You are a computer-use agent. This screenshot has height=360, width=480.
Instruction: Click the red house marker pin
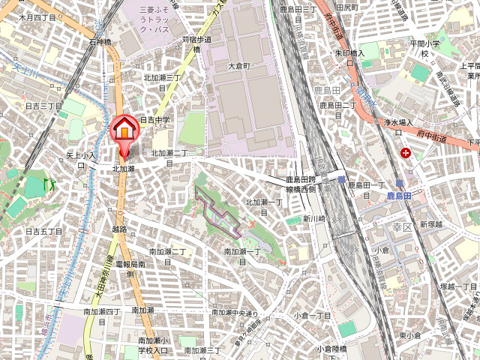pyautogui.click(x=124, y=129)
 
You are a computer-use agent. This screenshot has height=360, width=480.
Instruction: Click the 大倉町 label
pyautogui.click(x=238, y=66)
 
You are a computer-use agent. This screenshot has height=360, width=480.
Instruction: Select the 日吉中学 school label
pyautogui.click(x=155, y=119)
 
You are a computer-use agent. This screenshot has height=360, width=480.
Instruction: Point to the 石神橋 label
pyautogui.click(x=100, y=42)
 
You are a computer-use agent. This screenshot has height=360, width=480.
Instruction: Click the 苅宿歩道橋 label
pyautogui.click(x=196, y=44)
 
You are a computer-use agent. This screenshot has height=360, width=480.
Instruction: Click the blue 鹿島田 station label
pyautogui.click(x=400, y=195)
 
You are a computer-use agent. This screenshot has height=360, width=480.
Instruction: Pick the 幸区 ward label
pyautogui.click(x=403, y=225)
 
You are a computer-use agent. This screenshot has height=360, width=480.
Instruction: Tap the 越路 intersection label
pyautogui.click(x=118, y=229)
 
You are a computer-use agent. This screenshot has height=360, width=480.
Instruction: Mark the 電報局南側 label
pyautogui.click(x=130, y=269)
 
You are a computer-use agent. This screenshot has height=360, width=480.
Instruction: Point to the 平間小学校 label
pyautogui.click(x=423, y=49)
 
